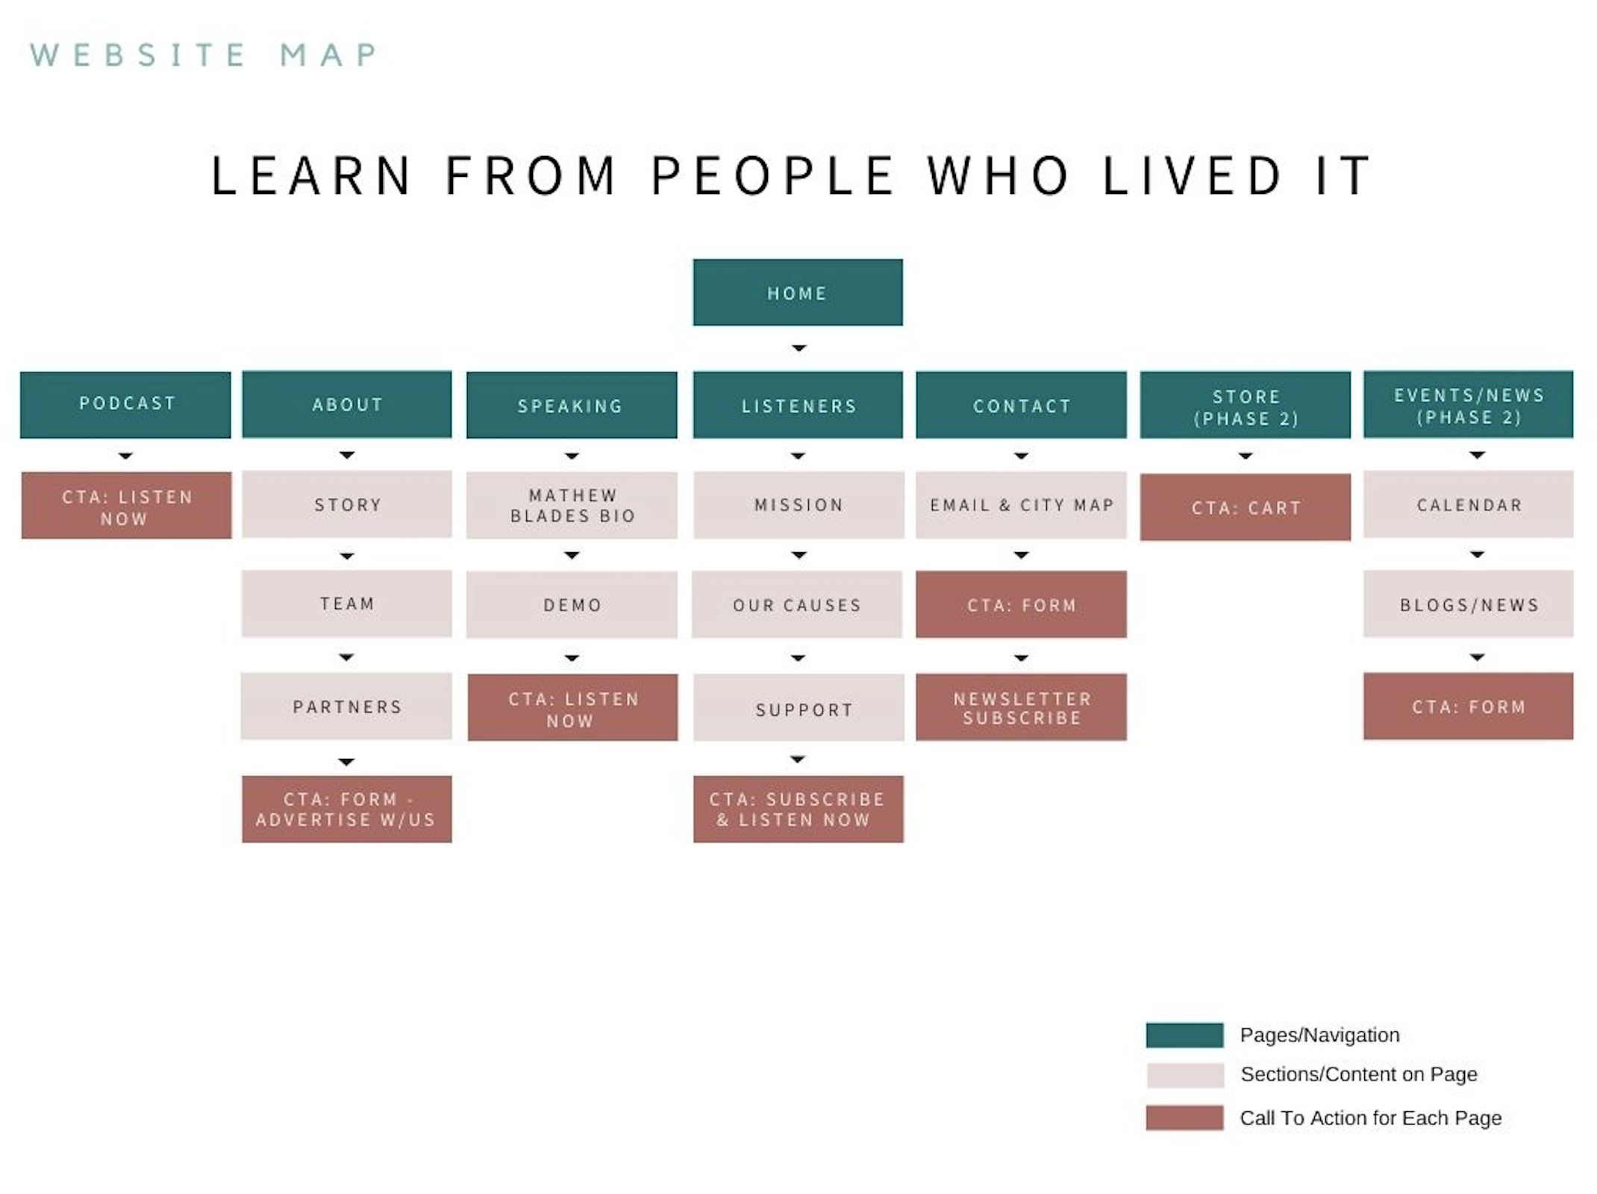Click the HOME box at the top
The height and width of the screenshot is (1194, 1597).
pyautogui.click(x=797, y=293)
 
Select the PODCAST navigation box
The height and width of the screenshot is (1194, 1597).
pyautogui.click(x=125, y=404)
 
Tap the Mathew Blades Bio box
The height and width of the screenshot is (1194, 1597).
pyautogui.click(x=572, y=505)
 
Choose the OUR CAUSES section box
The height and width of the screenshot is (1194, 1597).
pyautogui.click(x=797, y=604)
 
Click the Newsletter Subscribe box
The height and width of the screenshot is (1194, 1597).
pyautogui.click(x=1021, y=707)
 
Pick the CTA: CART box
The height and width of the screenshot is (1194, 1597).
pyautogui.click(x=1245, y=507)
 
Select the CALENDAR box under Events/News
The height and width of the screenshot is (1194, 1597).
pyautogui.click(x=1468, y=504)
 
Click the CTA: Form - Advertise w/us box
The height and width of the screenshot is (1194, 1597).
pyautogui.click(x=346, y=809)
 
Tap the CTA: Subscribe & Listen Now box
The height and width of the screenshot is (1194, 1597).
pyautogui.click(x=798, y=809)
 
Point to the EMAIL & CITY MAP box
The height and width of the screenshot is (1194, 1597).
pyautogui.click(x=1021, y=505)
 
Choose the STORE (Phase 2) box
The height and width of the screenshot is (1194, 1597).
pyautogui.click(x=1245, y=405)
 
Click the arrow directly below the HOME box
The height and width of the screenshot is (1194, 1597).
pyautogui.click(x=798, y=348)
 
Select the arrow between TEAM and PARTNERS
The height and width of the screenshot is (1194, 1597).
pyautogui.click(x=346, y=657)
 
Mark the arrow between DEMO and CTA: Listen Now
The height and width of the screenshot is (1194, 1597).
pyautogui.click(x=572, y=658)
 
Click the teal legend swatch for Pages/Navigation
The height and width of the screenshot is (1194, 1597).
pyautogui.click(x=1184, y=1035)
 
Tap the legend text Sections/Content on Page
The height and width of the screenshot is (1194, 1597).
pyautogui.click(x=1358, y=1075)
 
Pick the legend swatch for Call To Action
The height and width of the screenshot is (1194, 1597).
pyautogui.click(x=1184, y=1118)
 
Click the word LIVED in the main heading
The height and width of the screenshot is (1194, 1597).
pyautogui.click(x=1192, y=176)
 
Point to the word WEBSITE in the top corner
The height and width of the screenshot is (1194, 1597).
pyautogui.click(x=137, y=55)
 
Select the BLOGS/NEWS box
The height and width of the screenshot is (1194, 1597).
pyautogui.click(x=1468, y=604)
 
